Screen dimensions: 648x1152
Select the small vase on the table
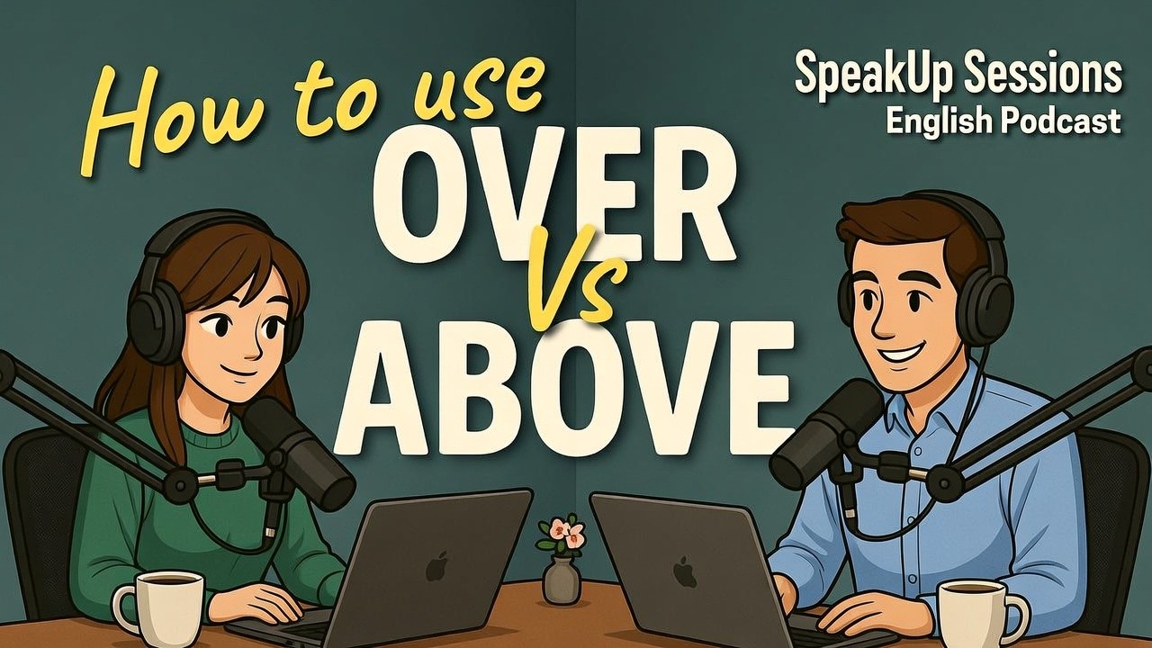tap(562, 580)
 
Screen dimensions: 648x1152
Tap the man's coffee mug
tap(976, 612)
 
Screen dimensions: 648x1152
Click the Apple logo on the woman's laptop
tap(436, 566)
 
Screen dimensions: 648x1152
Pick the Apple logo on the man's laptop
tap(685, 571)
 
